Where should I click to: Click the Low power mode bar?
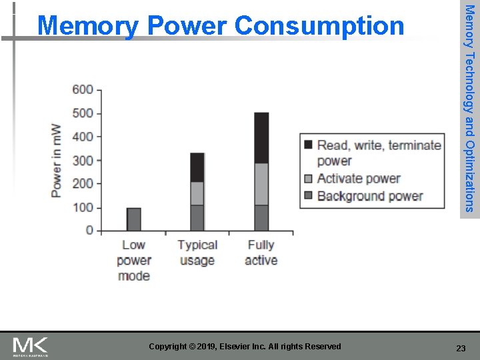(x=133, y=219)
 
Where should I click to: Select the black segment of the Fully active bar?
(x=261, y=138)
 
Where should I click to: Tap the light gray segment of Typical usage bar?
(x=197, y=193)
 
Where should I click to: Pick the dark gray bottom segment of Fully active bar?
(x=261, y=217)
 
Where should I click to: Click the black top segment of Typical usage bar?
(x=197, y=167)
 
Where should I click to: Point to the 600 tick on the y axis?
(x=83, y=90)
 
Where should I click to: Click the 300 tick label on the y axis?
(x=83, y=161)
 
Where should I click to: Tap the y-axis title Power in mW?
(x=56, y=161)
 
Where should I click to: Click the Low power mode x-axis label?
(x=133, y=260)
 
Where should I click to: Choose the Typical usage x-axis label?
(x=197, y=253)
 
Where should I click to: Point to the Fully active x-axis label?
(x=261, y=253)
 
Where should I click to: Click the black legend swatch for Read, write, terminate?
(x=308, y=145)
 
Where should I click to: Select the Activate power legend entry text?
(x=359, y=178)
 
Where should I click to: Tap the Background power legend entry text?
(x=370, y=196)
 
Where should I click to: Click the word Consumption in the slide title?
(x=319, y=26)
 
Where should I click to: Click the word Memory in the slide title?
(x=88, y=26)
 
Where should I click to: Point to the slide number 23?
(x=461, y=348)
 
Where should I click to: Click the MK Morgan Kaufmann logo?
(x=31, y=347)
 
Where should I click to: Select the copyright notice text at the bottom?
(x=245, y=347)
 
